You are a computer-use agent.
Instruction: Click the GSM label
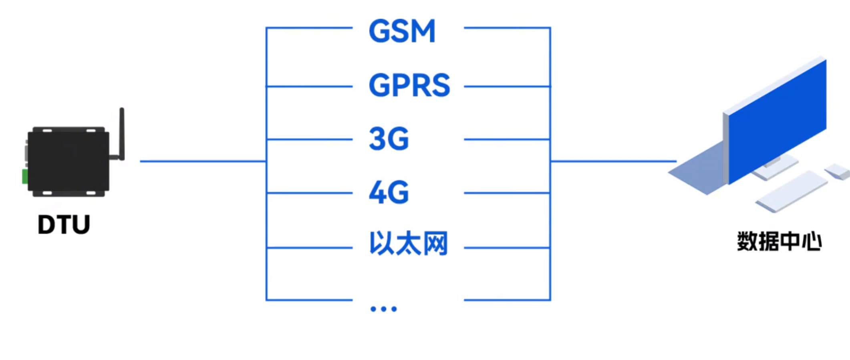pyautogui.click(x=402, y=31)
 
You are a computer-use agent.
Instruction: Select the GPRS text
pyautogui.click(x=409, y=85)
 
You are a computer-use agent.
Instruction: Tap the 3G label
pyautogui.click(x=389, y=139)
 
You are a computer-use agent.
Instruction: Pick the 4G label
pyautogui.click(x=389, y=193)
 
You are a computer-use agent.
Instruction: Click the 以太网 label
pyautogui.click(x=408, y=243)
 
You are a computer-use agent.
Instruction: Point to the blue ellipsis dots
pyautogui.click(x=383, y=309)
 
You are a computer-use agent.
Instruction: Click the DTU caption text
pyautogui.click(x=64, y=224)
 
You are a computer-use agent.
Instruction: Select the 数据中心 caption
pyautogui.click(x=779, y=241)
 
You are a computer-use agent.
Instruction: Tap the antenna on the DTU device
pyautogui.click(x=122, y=132)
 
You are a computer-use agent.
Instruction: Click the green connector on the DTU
pyautogui.click(x=25, y=176)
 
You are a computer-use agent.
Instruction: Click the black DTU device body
pyautogui.click(x=68, y=162)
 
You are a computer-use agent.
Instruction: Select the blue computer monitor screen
pyautogui.click(x=777, y=120)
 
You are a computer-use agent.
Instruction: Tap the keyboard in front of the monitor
pyautogui.click(x=791, y=191)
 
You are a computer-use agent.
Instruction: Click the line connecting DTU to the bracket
pyautogui.click(x=202, y=161)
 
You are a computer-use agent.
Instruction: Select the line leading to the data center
pyautogui.click(x=613, y=161)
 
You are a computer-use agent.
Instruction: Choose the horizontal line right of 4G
pyautogui.click(x=507, y=193)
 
